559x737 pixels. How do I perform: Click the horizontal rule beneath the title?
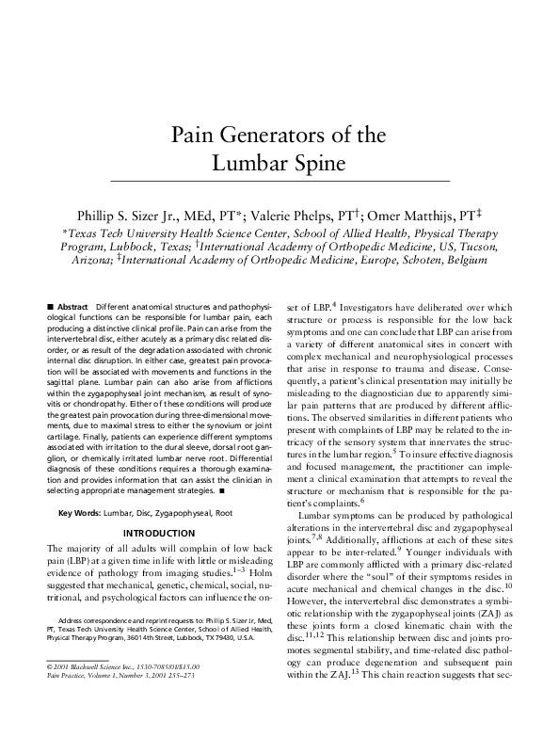[x=279, y=179]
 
